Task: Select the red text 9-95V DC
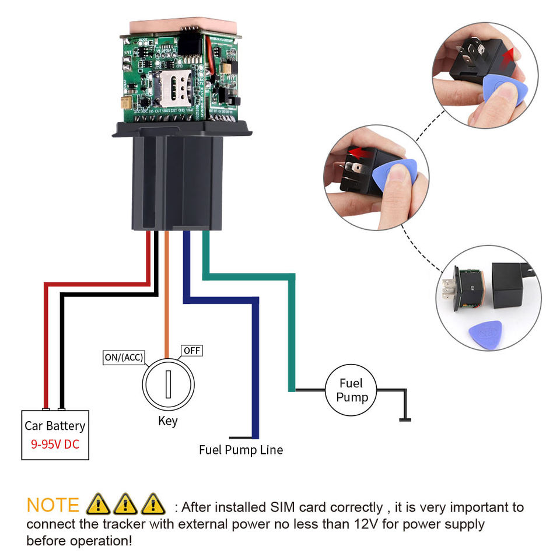click(x=55, y=444)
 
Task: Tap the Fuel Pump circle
click(x=351, y=390)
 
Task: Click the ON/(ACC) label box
click(x=124, y=357)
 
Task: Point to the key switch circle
click(x=168, y=384)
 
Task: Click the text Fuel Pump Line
click(x=241, y=450)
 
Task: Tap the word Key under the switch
click(x=167, y=421)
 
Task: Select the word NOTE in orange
click(x=52, y=505)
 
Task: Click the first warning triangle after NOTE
click(x=97, y=503)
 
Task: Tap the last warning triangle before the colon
click(x=153, y=503)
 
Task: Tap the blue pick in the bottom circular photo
click(x=486, y=334)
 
